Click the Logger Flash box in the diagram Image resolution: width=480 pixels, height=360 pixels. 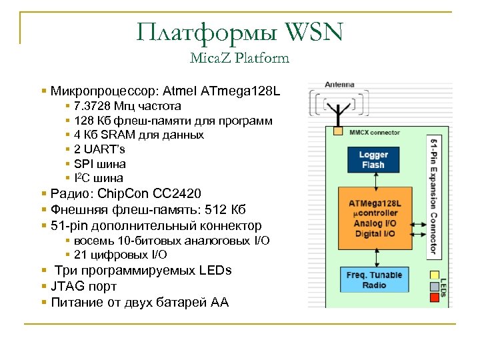pos(373,160)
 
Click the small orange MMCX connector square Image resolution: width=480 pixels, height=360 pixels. pos(338,131)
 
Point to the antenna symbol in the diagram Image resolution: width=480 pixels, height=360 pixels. pos(340,109)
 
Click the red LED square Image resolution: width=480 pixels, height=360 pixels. pos(435,298)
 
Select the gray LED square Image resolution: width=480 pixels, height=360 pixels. pos(435,287)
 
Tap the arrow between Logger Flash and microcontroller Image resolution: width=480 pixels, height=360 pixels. pos(373,180)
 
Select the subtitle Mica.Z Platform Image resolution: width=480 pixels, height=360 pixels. pos(239,58)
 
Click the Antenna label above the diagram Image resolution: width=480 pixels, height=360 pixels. pos(339,85)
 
